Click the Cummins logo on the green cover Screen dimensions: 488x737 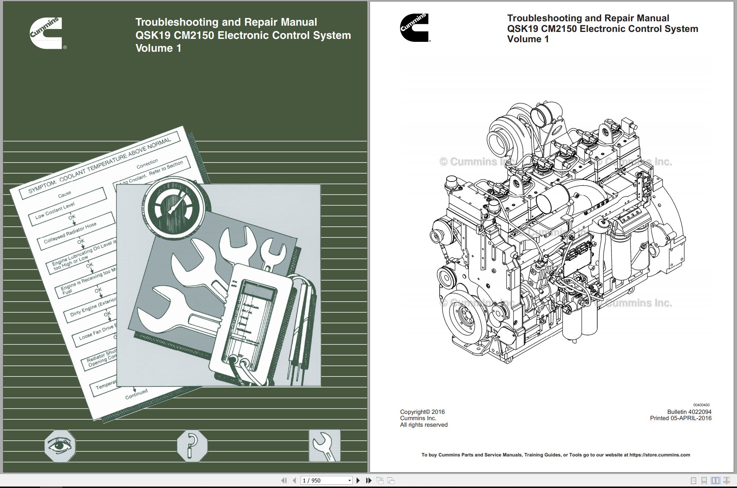47,33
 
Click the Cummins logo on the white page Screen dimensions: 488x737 415,28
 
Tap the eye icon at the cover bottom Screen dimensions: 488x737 60,446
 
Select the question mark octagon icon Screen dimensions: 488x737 192,445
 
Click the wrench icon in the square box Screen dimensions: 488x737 324,445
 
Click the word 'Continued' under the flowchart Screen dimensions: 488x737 136,394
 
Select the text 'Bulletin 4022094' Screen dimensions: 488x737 689,412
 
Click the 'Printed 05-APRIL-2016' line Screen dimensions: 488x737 680,418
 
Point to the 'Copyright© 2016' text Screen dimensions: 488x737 422,412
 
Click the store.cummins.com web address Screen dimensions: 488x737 660,455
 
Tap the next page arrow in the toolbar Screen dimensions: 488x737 358,480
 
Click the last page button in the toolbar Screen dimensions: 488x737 369,480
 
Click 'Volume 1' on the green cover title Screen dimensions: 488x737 158,48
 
